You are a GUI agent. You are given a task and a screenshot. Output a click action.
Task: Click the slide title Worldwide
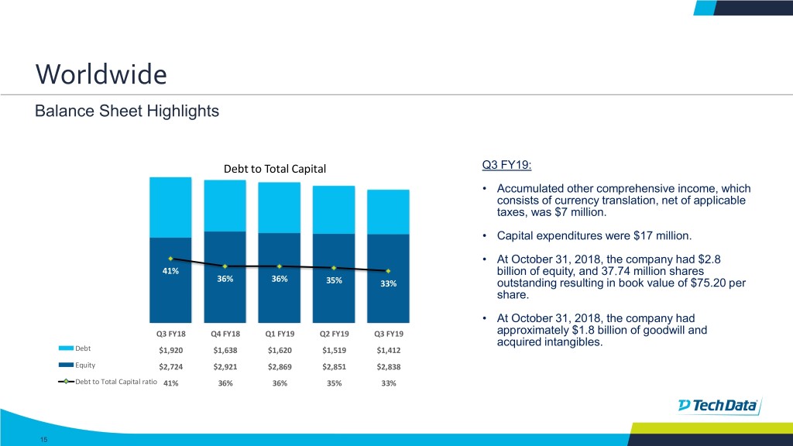101,75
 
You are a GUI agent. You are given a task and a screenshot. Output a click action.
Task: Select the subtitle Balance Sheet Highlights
127,111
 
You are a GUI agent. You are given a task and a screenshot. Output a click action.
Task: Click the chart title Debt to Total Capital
275,169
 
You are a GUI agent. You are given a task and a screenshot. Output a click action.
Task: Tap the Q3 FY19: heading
506,164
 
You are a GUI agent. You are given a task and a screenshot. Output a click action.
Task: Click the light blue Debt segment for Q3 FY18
170,207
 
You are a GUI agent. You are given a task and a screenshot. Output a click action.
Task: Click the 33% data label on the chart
388,283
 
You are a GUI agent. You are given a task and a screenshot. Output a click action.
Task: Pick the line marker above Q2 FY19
334,268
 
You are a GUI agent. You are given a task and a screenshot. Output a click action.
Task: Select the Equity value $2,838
388,367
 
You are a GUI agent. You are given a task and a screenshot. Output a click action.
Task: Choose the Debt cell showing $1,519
334,350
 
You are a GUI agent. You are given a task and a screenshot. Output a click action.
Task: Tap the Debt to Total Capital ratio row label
115,383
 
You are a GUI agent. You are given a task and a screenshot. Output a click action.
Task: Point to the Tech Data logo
719,406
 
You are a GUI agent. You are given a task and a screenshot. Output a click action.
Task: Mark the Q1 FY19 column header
280,334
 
